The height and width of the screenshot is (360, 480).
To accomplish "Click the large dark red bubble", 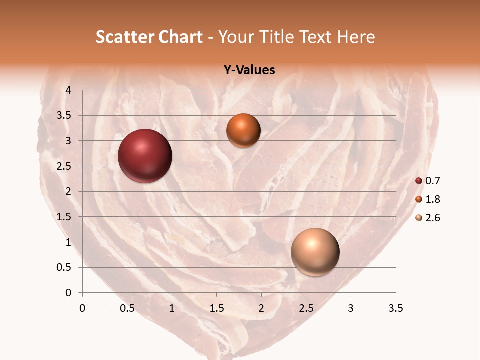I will pyautogui.click(x=145, y=156).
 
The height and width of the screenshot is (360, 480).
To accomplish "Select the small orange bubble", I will pyautogui.click(x=243, y=131).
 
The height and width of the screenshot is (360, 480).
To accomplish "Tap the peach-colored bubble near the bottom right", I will pyautogui.click(x=315, y=252).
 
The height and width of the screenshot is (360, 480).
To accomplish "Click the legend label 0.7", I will pyautogui.click(x=432, y=181).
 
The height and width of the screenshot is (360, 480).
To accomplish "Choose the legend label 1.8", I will pyautogui.click(x=432, y=199).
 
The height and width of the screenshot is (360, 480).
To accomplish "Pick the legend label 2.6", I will pyautogui.click(x=432, y=218).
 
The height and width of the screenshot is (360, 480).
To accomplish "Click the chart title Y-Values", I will pyautogui.click(x=249, y=70).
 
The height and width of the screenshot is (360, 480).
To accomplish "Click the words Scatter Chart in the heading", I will pyautogui.click(x=149, y=37).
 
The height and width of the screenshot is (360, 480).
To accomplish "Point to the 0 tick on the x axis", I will pyautogui.click(x=82, y=308).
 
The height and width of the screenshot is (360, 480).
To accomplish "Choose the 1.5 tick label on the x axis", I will pyautogui.click(x=216, y=308).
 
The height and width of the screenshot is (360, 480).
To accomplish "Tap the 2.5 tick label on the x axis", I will pyautogui.click(x=306, y=308).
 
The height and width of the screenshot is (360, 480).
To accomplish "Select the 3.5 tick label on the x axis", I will pyautogui.click(x=395, y=308).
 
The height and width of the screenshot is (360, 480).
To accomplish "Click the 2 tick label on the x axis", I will pyautogui.click(x=261, y=308).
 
